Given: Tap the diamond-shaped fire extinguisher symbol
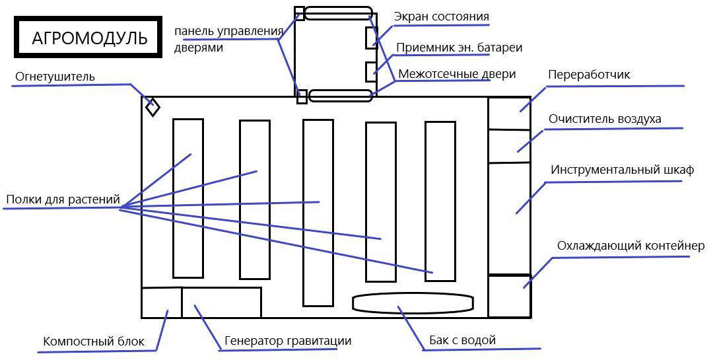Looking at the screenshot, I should pyautogui.click(x=153, y=107).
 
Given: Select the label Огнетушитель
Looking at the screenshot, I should pyautogui.click(x=55, y=77).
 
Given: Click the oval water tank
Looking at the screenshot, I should pyautogui.click(x=413, y=303).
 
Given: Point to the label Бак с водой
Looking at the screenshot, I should pyautogui.click(x=462, y=340).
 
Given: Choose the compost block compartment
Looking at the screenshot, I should pyautogui.click(x=161, y=303).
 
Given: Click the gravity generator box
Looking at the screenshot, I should pyautogui.click(x=221, y=303).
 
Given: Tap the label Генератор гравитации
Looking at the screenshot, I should pyautogui.click(x=288, y=341).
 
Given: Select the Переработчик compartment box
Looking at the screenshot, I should pyautogui.click(x=509, y=113).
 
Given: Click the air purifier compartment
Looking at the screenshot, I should pyautogui.click(x=509, y=146).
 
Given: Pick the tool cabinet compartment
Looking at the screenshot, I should pyautogui.click(x=509, y=218).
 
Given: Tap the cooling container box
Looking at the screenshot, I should pyautogui.click(x=509, y=297).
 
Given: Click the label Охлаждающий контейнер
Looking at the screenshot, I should pyautogui.click(x=630, y=246).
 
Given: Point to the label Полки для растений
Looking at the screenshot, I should pyautogui.click(x=63, y=199).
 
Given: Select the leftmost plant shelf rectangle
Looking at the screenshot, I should pyautogui.click(x=187, y=198).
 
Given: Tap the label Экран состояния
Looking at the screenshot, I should pyautogui.click(x=441, y=16).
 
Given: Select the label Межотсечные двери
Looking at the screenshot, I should pyautogui.click(x=457, y=74).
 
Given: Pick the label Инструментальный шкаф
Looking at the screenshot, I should pyautogui.click(x=622, y=170).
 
